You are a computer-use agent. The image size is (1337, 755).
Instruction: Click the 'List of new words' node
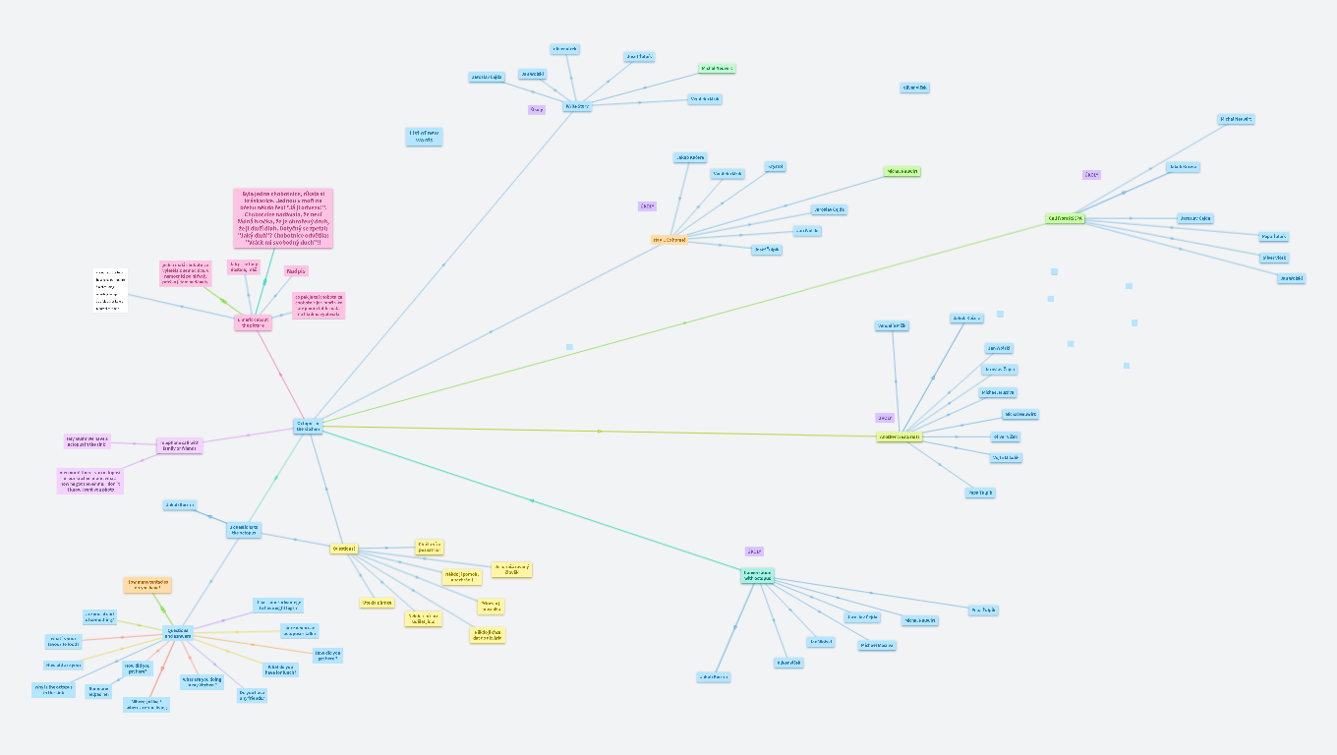(x=424, y=137)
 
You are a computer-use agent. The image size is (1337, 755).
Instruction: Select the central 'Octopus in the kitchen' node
(x=308, y=426)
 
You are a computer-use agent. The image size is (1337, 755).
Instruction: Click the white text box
(x=111, y=290)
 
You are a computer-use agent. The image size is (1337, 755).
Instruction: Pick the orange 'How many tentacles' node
(x=147, y=585)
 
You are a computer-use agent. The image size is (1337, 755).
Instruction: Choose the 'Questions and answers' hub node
(x=178, y=632)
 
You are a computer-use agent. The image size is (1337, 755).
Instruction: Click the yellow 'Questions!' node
(x=343, y=549)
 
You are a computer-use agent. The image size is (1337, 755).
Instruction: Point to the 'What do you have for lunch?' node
(x=279, y=669)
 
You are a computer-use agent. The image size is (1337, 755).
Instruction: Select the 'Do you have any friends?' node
(x=253, y=695)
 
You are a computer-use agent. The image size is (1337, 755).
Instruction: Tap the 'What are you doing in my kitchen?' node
(x=202, y=681)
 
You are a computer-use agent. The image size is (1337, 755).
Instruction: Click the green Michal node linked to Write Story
(x=717, y=69)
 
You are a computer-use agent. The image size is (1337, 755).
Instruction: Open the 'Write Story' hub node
(x=577, y=105)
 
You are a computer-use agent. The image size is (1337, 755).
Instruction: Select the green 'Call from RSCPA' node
(x=1065, y=218)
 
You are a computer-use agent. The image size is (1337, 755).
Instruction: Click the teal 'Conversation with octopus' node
(x=757, y=576)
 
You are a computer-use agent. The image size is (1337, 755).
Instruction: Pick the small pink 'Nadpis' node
(x=296, y=270)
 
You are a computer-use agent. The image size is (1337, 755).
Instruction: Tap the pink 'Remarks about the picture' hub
(x=253, y=322)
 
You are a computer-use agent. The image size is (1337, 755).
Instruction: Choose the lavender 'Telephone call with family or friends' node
(x=180, y=445)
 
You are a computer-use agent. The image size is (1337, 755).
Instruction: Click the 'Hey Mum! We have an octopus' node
(x=88, y=441)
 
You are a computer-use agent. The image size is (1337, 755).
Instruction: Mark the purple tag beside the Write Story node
(x=537, y=109)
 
